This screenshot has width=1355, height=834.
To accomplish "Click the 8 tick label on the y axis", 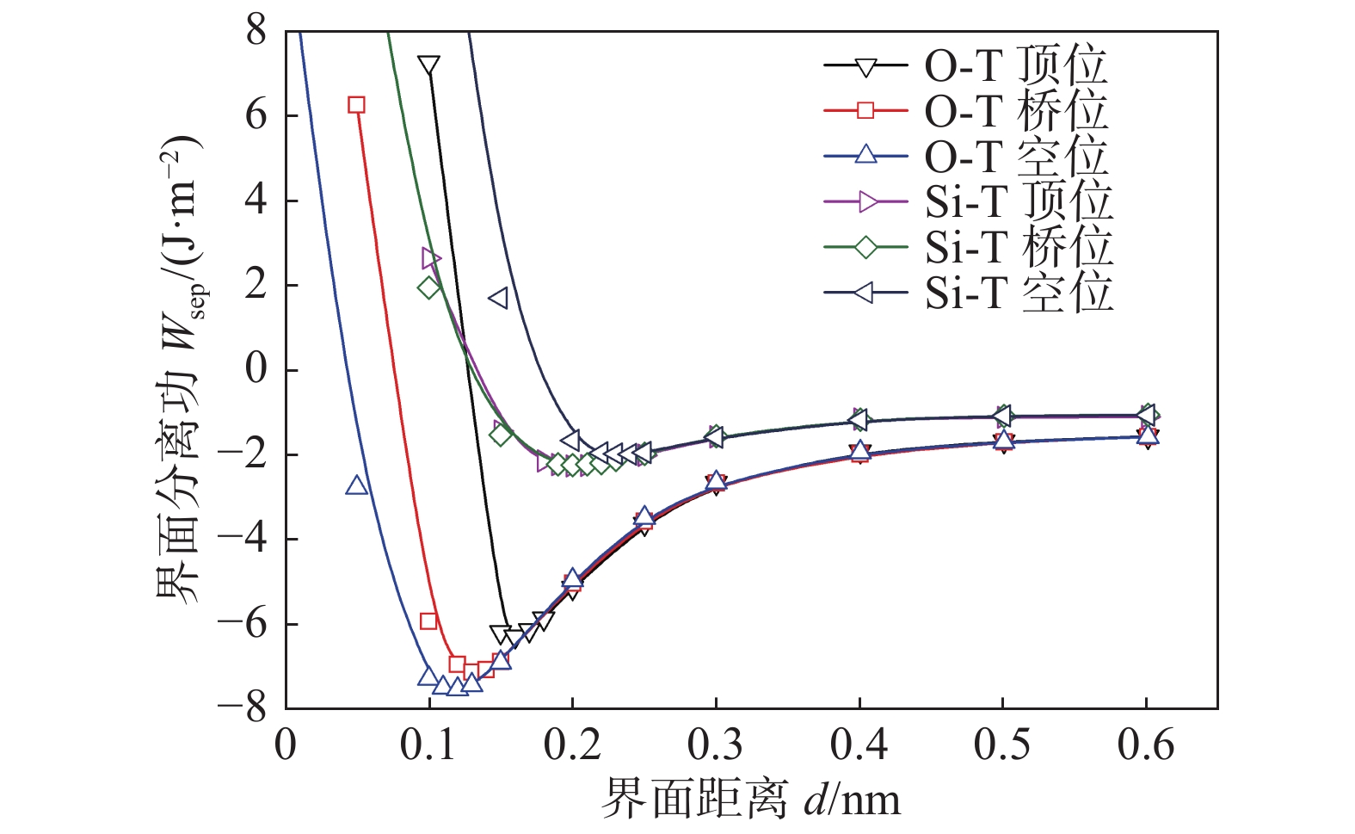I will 256,32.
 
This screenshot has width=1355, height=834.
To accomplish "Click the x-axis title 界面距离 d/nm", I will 750,800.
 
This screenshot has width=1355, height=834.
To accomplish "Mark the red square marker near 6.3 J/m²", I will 356,105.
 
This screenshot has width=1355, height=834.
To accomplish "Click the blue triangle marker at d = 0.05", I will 356,486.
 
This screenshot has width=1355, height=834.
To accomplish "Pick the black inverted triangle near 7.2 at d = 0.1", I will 428,66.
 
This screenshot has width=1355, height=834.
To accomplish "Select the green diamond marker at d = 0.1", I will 428,287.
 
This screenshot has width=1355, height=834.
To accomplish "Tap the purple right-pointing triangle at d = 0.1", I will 430,258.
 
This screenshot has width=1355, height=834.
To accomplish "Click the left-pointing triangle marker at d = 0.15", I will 498,298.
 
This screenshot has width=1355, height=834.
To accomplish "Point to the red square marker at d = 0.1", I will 428,621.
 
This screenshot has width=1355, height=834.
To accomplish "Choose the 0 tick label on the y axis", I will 256,370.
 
